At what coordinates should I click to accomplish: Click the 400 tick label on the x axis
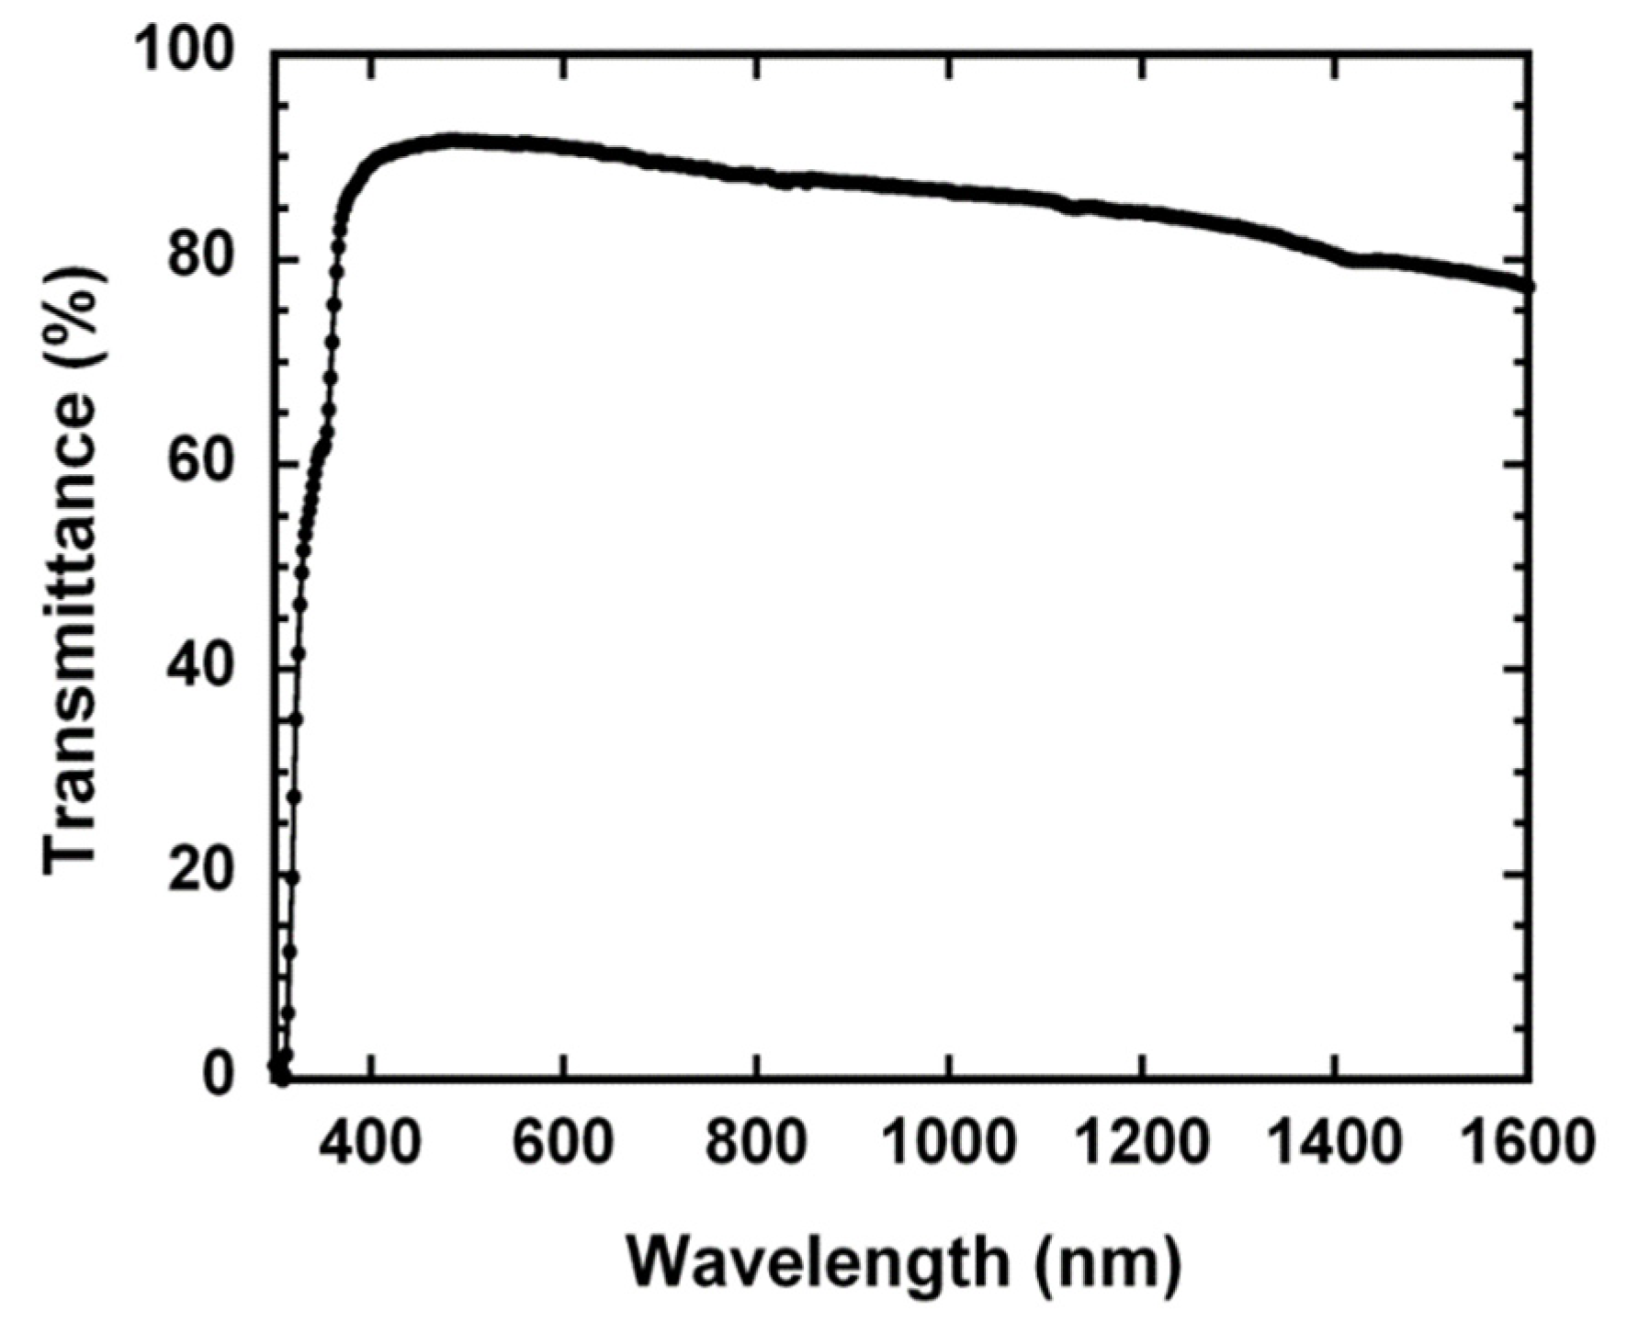point(369,1145)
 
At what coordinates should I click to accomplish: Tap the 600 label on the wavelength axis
point(562,1145)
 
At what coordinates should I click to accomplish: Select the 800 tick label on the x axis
point(755,1145)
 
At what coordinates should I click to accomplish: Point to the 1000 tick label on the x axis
point(948,1145)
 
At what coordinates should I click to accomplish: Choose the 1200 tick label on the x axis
point(1141,1145)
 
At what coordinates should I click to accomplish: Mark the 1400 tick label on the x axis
point(1334,1145)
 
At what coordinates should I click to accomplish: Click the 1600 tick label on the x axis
point(1527,1145)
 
